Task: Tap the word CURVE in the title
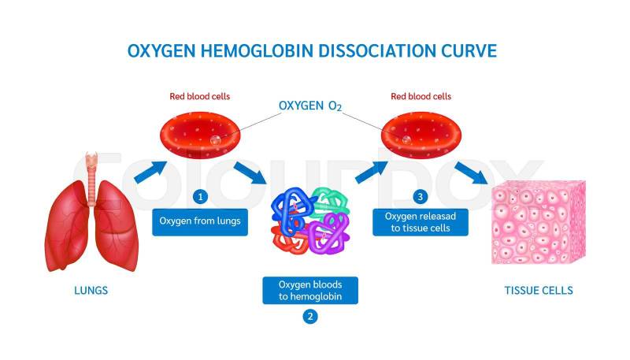click(x=466, y=50)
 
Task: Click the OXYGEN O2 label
click(x=310, y=106)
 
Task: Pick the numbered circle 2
click(x=310, y=317)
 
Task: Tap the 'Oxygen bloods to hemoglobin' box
click(x=310, y=289)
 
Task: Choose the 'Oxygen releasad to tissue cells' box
click(x=425, y=221)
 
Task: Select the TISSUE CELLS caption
click(x=539, y=291)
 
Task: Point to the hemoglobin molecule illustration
click(x=309, y=224)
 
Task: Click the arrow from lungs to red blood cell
click(x=152, y=171)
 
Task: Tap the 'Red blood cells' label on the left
click(x=200, y=97)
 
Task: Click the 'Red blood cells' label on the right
click(x=421, y=97)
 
